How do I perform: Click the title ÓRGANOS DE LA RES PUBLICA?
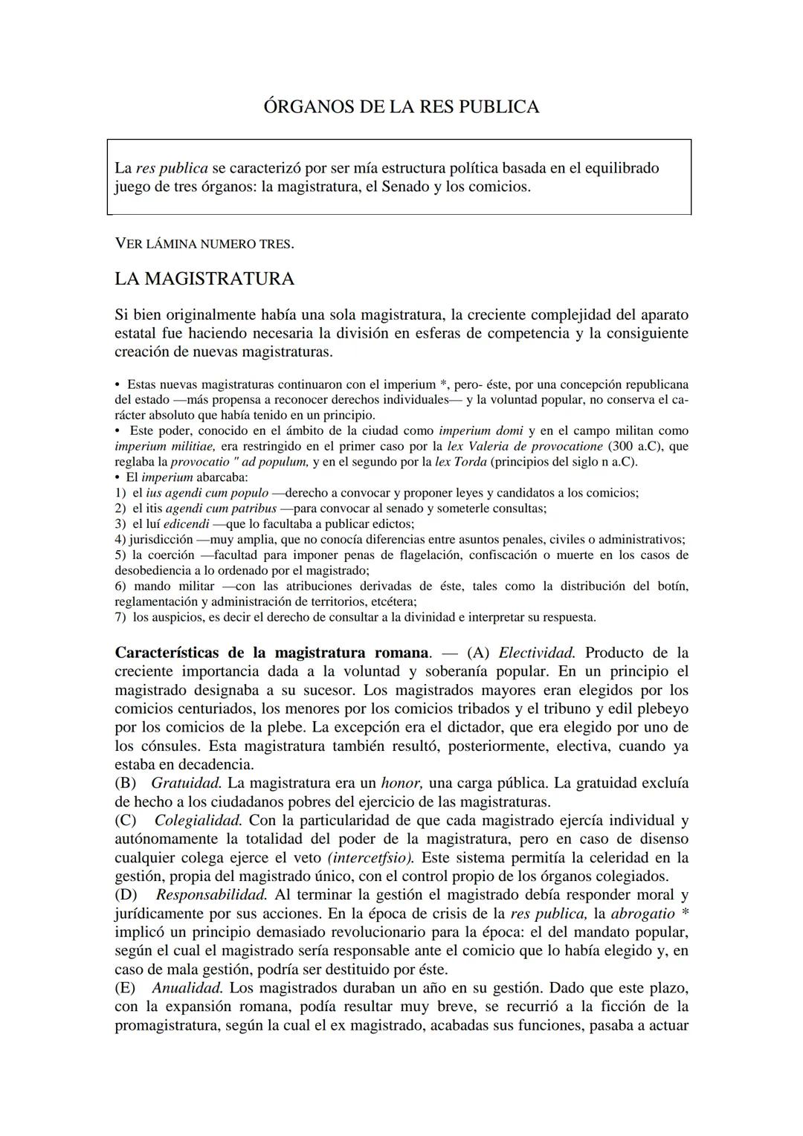click(401, 107)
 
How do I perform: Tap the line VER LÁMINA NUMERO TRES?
click(204, 243)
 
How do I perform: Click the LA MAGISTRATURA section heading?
click(204, 279)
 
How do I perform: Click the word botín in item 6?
click(672, 586)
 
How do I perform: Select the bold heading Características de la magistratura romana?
click(272, 653)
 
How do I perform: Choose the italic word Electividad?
click(536, 653)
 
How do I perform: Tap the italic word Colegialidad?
click(198, 820)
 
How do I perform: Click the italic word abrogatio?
click(642, 914)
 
